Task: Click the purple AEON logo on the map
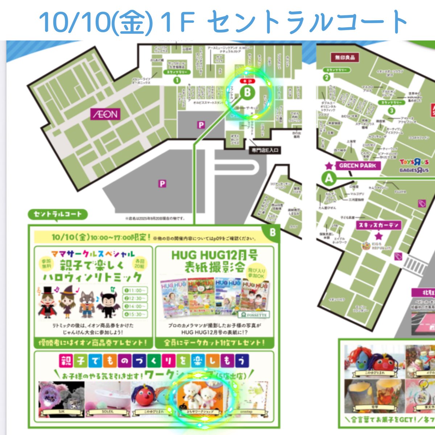pyautogui.click(x=105, y=115)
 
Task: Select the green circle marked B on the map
pyautogui.click(x=247, y=92)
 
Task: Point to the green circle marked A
pyautogui.click(x=329, y=178)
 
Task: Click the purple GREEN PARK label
pyautogui.click(x=357, y=166)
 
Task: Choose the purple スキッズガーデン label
pyautogui.click(x=378, y=225)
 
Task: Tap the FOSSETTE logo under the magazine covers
pyautogui.click(x=254, y=315)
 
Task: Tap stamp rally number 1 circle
pyautogui.click(x=177, y=80)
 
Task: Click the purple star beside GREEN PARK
pyautogui.click(x=329, y=166)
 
